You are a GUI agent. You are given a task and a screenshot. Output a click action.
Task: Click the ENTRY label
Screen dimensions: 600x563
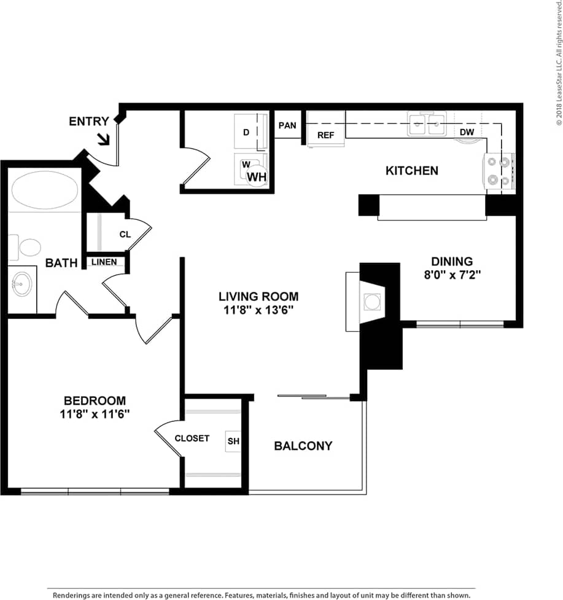coord(88,122)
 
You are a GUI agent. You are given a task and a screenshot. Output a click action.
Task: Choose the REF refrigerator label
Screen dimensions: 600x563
coord(325,152)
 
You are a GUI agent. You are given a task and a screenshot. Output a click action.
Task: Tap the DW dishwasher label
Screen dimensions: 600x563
coord(467,149)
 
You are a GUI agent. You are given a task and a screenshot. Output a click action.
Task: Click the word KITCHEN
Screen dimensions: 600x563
coord(411,171)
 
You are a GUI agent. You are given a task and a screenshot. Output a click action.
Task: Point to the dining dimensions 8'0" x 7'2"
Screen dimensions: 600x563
coord(451,275)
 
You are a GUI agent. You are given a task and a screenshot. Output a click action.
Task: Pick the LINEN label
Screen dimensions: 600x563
coord(104,263)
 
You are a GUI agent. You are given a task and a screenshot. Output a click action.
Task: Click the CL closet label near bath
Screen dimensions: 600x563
coord(125,234)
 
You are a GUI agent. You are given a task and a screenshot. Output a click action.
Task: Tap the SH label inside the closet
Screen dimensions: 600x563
coord(233,441)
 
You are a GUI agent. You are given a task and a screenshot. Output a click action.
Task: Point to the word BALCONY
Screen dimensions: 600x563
coord(303,446)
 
